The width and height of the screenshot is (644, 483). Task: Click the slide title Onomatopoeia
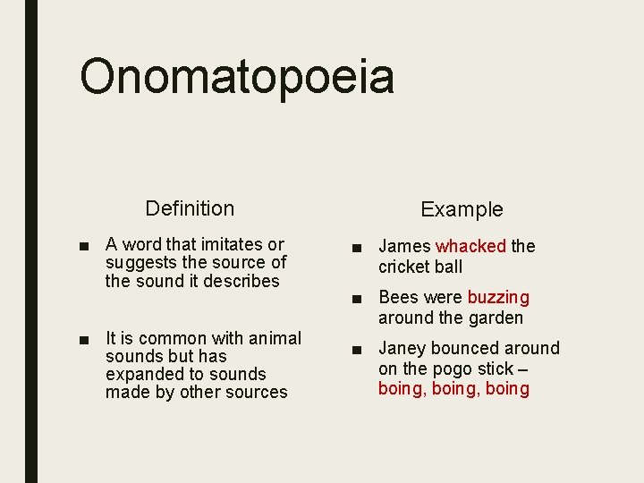pos(237,77)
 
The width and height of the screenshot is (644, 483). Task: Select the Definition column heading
pos(190,208)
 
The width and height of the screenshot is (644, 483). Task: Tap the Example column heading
pos(462,209)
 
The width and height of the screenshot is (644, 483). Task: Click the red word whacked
pos(471,246)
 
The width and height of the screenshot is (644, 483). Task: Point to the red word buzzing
pos(498,297)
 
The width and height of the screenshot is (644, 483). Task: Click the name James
pos(405,246)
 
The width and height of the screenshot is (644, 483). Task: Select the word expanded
pos(141,374)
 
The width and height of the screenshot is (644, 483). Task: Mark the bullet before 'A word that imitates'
pos(83,245)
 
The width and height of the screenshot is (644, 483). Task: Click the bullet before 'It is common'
pos(83,339)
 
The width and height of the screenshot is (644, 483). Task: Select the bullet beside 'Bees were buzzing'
pos(356,298)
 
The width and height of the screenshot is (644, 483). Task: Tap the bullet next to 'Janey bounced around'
pos(356,349)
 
